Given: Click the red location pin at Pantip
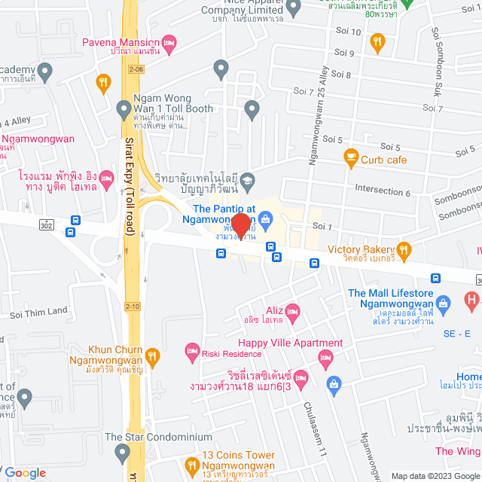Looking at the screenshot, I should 241,225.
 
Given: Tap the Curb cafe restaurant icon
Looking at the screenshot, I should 350,158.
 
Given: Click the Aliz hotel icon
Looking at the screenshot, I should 293,311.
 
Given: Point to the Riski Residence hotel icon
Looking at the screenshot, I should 192,351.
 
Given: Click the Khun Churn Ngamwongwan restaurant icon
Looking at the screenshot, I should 153,355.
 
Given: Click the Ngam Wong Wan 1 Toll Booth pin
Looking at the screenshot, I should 124,110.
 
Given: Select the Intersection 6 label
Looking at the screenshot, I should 383,192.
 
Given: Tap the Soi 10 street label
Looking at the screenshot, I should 346,32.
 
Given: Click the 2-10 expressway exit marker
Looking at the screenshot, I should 133,306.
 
